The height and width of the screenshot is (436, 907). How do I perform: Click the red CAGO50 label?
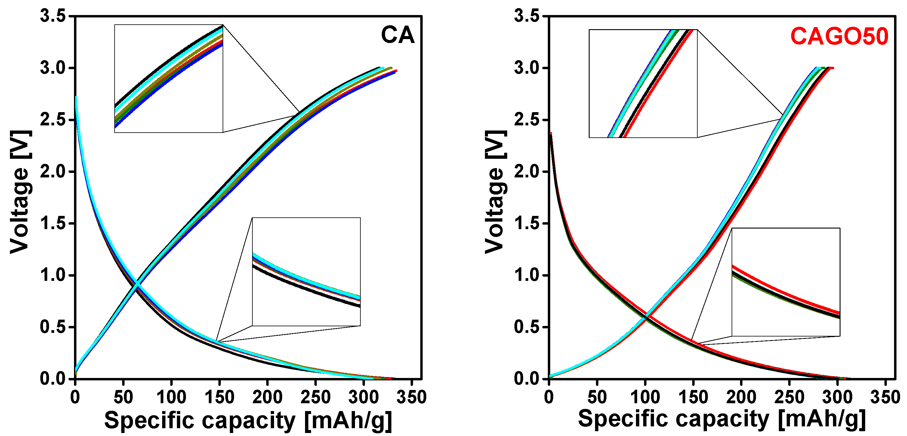[x=839, y=36]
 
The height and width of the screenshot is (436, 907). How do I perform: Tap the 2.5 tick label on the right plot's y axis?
[x=527, y=120]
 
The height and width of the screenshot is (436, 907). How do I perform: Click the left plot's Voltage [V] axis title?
[x=20, y=192]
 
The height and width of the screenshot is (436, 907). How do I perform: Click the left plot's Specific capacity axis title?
[x=248, y=420]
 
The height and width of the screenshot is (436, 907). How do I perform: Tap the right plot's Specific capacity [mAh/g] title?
[x=722, y=419]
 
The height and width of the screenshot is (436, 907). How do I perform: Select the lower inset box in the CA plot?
[x=306, y=272]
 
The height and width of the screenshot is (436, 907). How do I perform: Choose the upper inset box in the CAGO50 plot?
[x=643, y=83]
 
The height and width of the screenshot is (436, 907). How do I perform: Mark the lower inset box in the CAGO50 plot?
[x=786, y=282]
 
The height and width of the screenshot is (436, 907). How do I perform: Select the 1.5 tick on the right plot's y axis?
[x=527, y=224]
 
